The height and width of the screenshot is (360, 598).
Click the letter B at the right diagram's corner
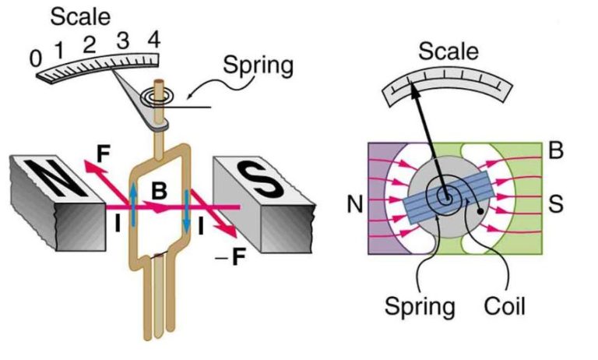(556, 151)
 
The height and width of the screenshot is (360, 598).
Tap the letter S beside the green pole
(556, 205)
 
